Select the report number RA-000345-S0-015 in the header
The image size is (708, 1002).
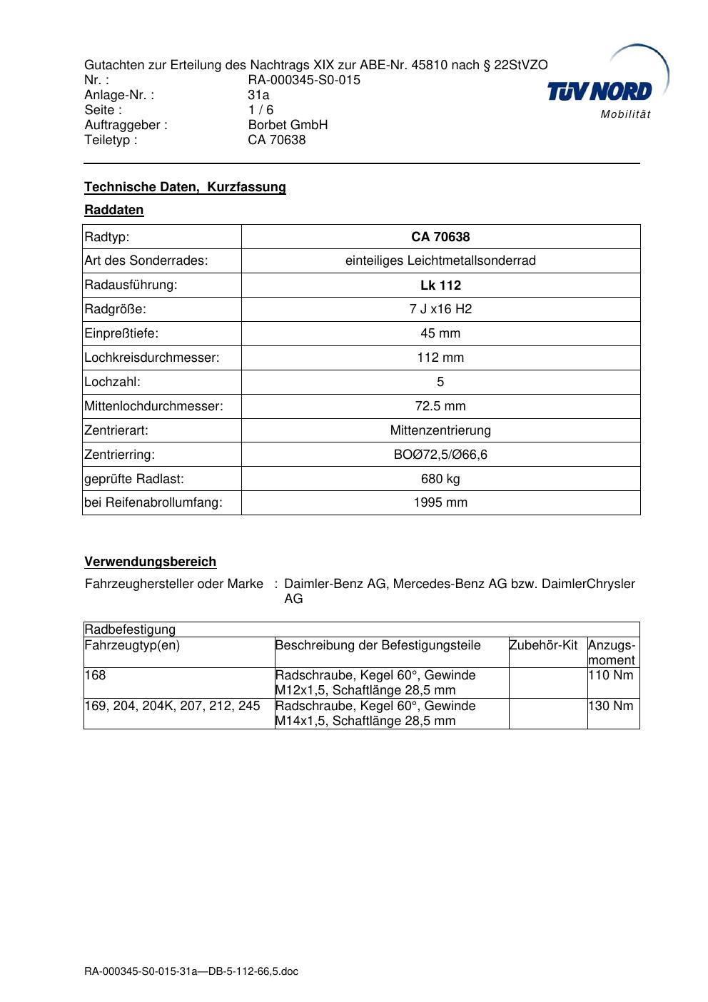coord(304,80)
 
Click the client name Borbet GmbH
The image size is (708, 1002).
coord(288,125)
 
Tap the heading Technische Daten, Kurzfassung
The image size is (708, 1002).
coord(185,187)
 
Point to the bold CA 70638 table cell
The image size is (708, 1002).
coord(440,237)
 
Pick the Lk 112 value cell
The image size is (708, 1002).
coord(440,285)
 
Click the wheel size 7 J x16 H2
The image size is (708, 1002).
coord(440,309)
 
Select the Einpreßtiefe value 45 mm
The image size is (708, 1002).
coord(440,333)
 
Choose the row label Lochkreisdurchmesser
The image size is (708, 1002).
coord(152,358)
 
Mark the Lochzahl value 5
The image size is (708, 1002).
coord(440,382)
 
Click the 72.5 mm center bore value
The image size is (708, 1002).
coord(440,406)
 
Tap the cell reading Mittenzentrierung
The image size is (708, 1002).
coord(440,430)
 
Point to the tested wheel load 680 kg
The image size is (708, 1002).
coord(440,479)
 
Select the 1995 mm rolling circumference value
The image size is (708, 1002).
coord(440,502)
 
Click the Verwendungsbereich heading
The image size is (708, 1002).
coord(150,562)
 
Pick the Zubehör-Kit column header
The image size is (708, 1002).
coord(543,645)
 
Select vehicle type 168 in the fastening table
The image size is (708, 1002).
coord(95,675)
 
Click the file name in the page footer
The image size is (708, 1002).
coord(191,971)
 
